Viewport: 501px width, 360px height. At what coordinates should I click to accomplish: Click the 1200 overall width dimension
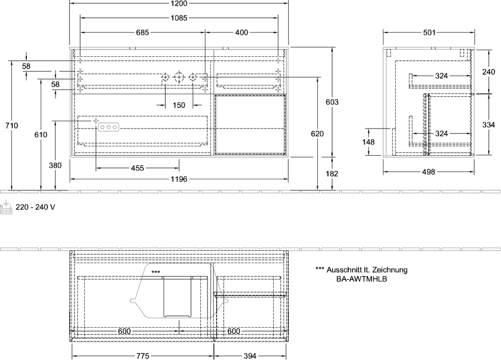(x=179, y=3)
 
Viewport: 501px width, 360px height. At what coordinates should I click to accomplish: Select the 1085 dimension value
(x=179, y=18)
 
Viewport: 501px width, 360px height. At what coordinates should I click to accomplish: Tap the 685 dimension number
(x=143, y=32)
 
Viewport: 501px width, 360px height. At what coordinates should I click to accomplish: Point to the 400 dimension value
(x=242, y=32)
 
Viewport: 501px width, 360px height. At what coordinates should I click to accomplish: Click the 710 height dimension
(x=12, y=126)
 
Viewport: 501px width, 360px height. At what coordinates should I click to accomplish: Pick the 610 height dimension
(x=41, y=135)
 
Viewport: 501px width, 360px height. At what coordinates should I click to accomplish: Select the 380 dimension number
(x=55, y=165)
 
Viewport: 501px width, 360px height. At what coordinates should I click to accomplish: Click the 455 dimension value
(x=137, y=167)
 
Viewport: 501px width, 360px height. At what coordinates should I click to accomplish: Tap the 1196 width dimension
(x=179, y=179)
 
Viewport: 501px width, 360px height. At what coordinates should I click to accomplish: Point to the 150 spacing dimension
(x=179, y=105)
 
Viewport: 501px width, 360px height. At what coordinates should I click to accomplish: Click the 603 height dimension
(x=332, y=102)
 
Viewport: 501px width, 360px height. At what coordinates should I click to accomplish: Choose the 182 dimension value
(x=332, y=174)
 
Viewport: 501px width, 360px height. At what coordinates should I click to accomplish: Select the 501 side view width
(x=429, y=32)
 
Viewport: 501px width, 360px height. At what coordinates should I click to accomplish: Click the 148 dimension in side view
(x=369, y=141)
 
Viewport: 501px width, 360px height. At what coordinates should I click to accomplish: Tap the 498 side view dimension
(x=429, y=172)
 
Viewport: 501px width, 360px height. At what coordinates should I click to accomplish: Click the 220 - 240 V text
(x=36, y=207)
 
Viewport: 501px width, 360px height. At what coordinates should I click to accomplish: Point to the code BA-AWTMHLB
(x=362, y=279)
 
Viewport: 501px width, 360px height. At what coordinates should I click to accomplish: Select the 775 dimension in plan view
(x=143, y=356)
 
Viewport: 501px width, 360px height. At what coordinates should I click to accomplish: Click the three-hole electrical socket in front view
(x=109, y=127)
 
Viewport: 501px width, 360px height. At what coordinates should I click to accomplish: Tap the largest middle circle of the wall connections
(x=179, y=77)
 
